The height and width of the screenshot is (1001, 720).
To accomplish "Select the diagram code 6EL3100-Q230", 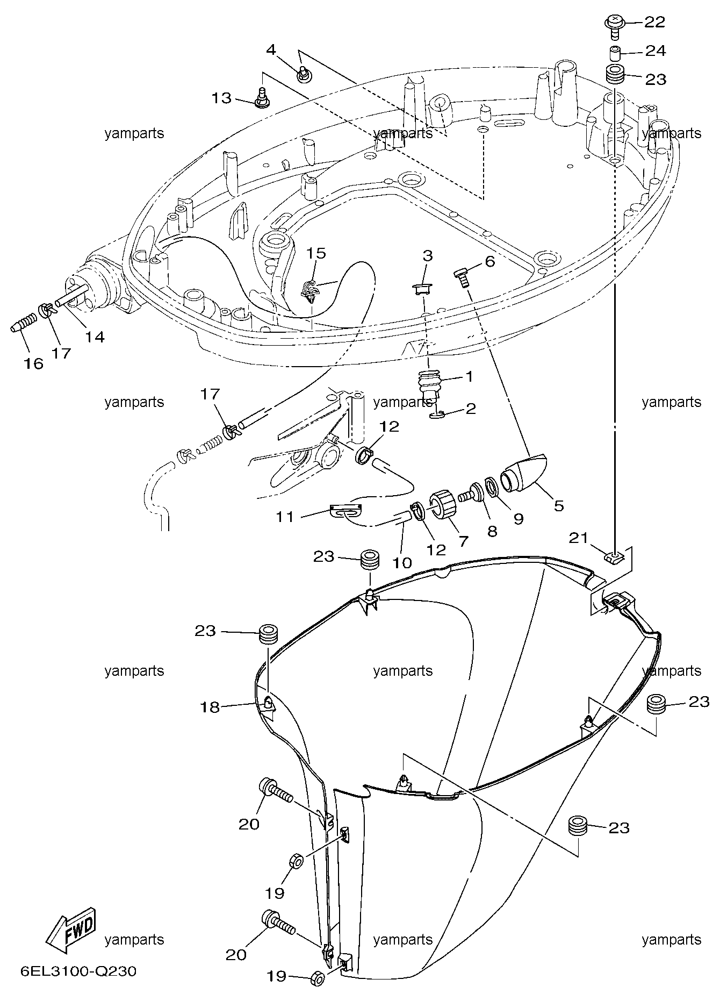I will coord(78,971).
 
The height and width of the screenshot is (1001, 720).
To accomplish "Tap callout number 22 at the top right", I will coord(654,22).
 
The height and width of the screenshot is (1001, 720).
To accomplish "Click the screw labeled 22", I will coord(614,25).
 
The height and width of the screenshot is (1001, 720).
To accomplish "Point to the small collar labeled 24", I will coord(615,54).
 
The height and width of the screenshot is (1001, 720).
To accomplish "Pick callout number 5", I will coord(559,506).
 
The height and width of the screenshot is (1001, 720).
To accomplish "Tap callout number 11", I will coord(285,517).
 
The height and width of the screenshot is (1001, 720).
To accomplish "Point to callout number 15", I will coord(316,253).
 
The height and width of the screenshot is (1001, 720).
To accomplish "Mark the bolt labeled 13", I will coord(262,99).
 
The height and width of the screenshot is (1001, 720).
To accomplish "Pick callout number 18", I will coord(211,707).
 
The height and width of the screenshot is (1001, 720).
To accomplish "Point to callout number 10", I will coord(402,563).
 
